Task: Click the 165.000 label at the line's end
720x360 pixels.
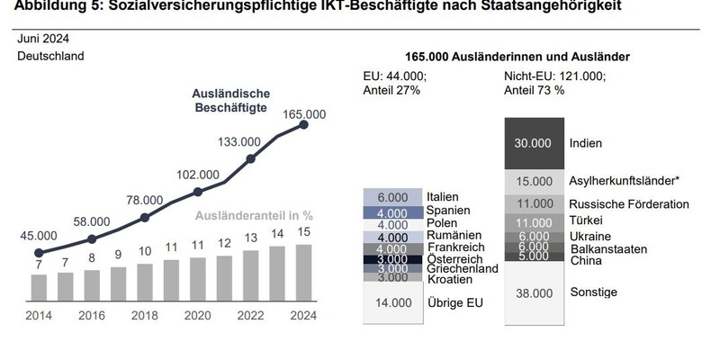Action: pyautogui.click(x=303, y=114)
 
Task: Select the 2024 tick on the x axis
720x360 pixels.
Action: pyautogui.click(x=303, y=316)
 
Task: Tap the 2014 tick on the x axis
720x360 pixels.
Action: pyautogui.click(x=38, y=316)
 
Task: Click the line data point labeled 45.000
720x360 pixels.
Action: pyautogui.click(x=38, y=253)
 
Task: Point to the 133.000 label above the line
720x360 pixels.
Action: pyautogui.click(x=240, y=141)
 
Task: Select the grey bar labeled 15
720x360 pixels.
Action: pyautogui.click(x=303, y=272)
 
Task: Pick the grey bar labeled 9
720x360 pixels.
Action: pyautogui.click(x=117, y=283)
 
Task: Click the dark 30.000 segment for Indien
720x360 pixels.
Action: pyautogui.click(x=532, y=143)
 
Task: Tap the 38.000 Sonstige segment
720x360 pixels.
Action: pyautogui.click(x=532, y=292)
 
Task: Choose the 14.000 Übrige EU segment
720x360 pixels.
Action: pyautogui.click(x=393, y=303)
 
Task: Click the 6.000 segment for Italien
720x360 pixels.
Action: pyautogui.click(x=393, y=196)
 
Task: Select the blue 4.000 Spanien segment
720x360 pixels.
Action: pyautogui.click(x=393, y=212)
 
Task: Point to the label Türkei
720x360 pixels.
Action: pyautogui.click(x=587, y=220)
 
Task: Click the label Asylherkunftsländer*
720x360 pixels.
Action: pyautogui.click(x=624, y=181)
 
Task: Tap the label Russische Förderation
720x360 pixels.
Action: pyautogui.click(x=629, y=204)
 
